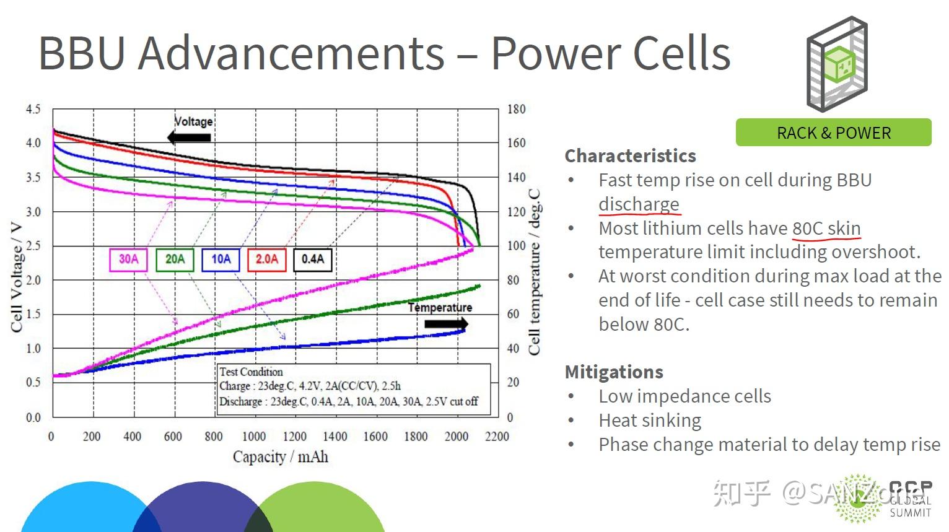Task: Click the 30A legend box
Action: click(129, 259)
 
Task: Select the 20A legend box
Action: click(175, 259)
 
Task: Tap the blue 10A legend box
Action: click(221, 259)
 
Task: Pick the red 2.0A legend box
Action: click(267, 259)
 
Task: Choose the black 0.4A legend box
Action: click(313, 259)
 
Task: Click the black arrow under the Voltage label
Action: click(190, 137)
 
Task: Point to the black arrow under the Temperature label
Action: click(446, 324)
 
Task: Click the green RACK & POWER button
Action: click(833, 133)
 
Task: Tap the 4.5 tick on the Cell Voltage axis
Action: click(33, 110)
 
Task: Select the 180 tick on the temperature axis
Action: click(516, 110)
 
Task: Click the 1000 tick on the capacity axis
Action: click(253, 437)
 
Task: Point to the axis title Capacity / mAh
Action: click(280, 457)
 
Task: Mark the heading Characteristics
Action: click(630, 155)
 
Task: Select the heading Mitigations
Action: click(614, 372)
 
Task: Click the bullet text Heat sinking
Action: click(650, 421)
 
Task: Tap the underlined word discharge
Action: click(639, 204)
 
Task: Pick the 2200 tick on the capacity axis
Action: click(497, 437)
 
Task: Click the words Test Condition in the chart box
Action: click(251, 372)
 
